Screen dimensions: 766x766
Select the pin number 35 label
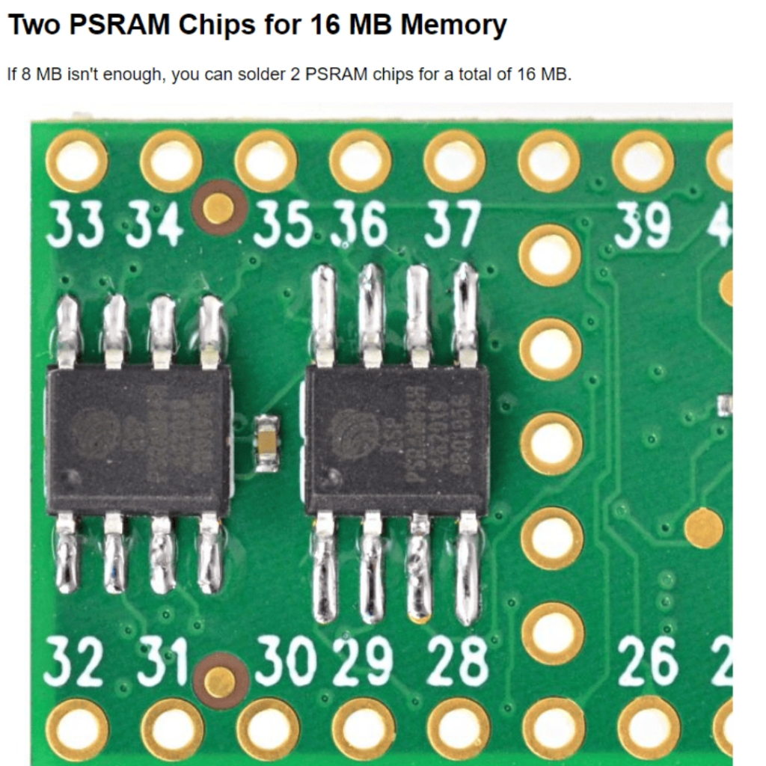pos(282,224)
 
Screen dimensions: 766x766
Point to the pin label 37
pos(452,224)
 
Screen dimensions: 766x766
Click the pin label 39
pos(643,224)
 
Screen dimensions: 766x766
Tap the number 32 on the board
pos(73,663)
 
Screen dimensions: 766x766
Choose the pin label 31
pos(162,663)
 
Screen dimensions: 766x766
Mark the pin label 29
pos(363,663)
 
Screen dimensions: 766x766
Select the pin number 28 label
pos(457,663)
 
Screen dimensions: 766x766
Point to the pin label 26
pos(648,663)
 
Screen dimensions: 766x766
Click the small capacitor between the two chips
pos(267,444)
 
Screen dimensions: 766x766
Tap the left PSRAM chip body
pos(138,440)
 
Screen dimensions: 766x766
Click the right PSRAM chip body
pos(397,440)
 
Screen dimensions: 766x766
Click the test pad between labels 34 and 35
pos(218,207)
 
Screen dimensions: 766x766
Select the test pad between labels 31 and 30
pos(220,680)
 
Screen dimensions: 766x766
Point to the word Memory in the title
pos(453,25)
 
